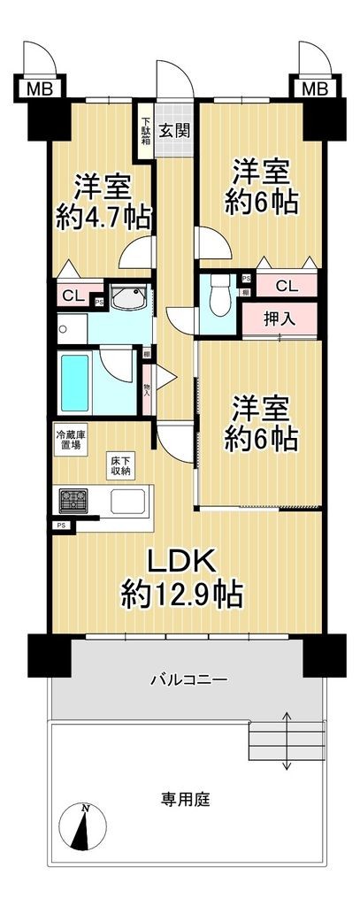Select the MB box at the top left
pos(37,88)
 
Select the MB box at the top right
pos(314,88)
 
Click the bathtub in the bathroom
pos(80,380)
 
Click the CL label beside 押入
pos(286,285)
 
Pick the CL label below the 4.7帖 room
pos(73,296)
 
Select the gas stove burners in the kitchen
pos(73,501)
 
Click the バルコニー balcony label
pos(188,679)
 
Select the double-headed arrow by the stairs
pos(288,740)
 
